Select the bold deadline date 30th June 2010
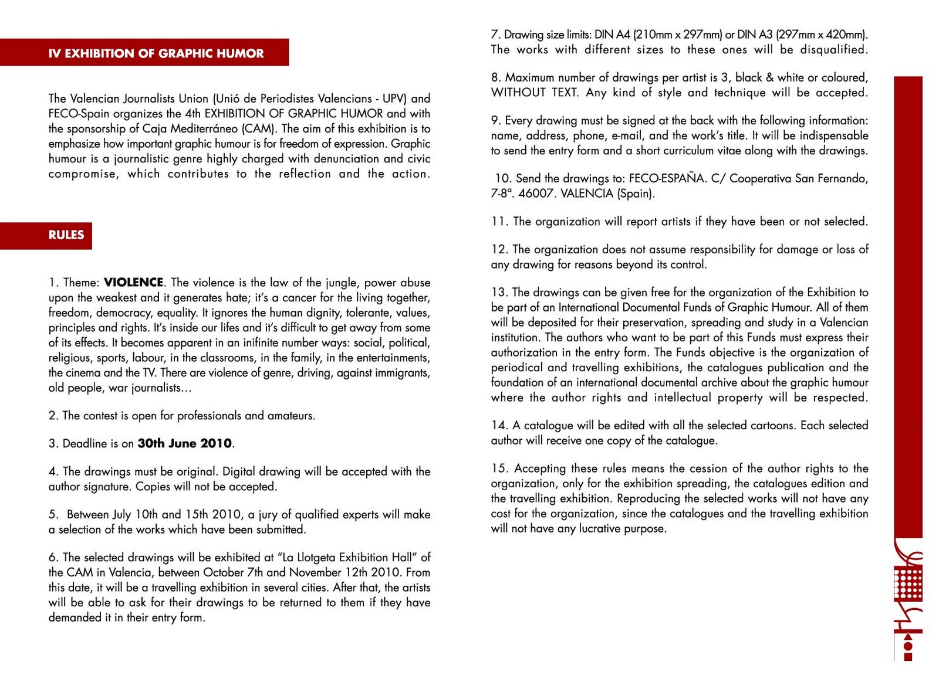click(x=185, y=444)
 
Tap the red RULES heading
click(x=66, y=235)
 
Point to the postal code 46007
click(x=536, y=193)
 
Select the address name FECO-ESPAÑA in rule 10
click(x=667, y=178)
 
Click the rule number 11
click(x=499, y=222)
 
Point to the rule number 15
click(x=499, y=468)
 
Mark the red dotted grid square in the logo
click(x=908, y=582)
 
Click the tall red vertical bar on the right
click(x=908, y=305)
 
